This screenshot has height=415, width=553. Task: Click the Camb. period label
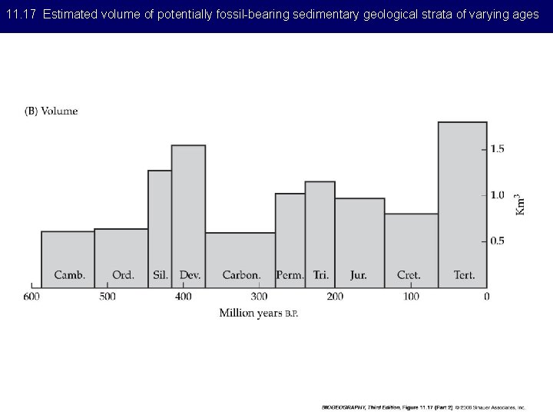pyautogui.click(x=69, y=274)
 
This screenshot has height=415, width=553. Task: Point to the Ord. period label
pyautogui.click(x=123, y=274)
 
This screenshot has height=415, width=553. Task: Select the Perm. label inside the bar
pyautogui.click(x=290, y=274)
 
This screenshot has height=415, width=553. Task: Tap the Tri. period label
pyautogui.click(x=320, y=274)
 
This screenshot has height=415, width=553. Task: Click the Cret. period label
pyautogui.click(x=409, y=274)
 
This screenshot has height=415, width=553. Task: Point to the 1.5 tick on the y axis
pyautogui.click(x=498, y=149)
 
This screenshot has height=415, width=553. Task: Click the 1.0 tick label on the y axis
pyautogui.click(x=498, y=195)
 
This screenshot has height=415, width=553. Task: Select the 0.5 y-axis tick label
pyautogui.click(x=498, y=241)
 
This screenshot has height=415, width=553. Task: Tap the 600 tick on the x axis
pyautogui.click(x=31, y=297)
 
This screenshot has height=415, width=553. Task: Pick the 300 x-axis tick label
pyautogui.click(x=259, y=297)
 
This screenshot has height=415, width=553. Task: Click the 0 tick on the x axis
pyautogui.click(x=486, y=297)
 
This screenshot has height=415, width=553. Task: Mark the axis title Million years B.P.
pyautogui.click(x=258, y=313)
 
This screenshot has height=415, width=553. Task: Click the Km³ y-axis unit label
pyautogui.click(x=521, y=203)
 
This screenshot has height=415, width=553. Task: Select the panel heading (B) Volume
pyautogui.click(x=51, y=111)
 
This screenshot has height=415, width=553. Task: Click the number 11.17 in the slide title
pyautogui.click(x=22, y=15)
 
